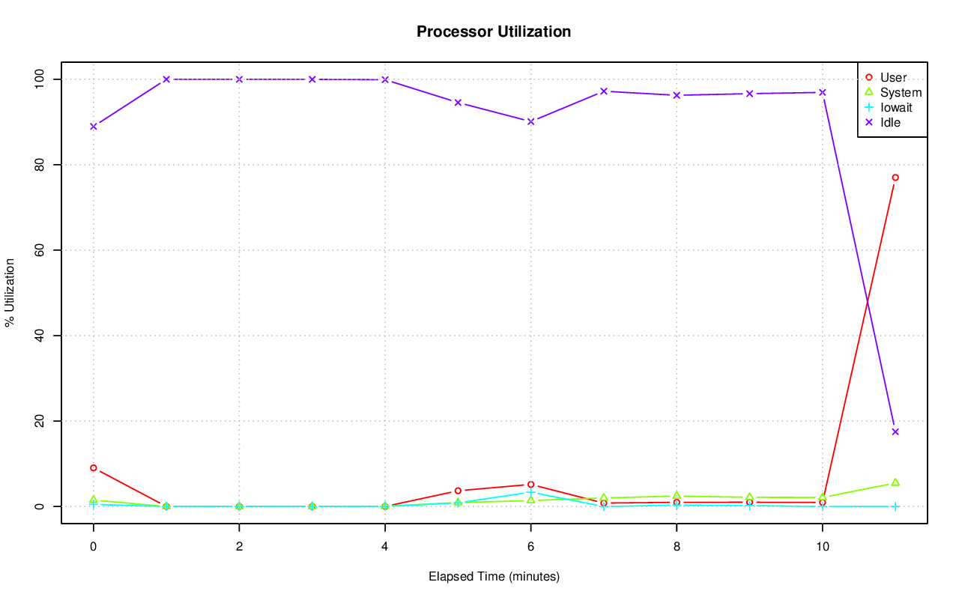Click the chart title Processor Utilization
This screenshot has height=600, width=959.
pyautogui.click(x=494, y=31)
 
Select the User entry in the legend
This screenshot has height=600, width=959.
pyautogui.click(x=893, y=77)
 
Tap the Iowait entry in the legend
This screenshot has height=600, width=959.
pyautogui.click(x=896, y=107)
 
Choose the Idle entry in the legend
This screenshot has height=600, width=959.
pyautogui.click(x=890, y=122)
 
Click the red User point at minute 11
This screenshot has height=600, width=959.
pyautogui.click(x=895, y=178)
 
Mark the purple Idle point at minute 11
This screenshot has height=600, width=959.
pyautogui.click(x=895, y=431)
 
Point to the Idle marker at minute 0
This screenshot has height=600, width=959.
pyautogui.click(x=94, y=126)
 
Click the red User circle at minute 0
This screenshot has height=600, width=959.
pyautogui.click(x=94, y=467)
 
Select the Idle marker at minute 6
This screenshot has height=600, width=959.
pyautogui.click(x=530, y=121)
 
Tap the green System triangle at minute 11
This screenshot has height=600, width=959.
pyautogui.click(x=895, y=482)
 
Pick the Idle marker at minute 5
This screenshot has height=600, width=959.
pyautogui.click(x=458, y=103)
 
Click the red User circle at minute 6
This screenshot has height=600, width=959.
pyautogui.click(x=530, y=485)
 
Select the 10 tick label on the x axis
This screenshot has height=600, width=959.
pyautogui.click(x=822, y=547)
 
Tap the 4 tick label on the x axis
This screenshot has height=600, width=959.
pyautogui.click(x=385, y=547)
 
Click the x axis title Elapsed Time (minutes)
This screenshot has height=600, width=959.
pyautogui.click(x=494, y=577)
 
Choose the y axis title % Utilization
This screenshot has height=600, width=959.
pyautogui.click(x=10, y=292)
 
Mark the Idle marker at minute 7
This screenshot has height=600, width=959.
pyautogui.click(x=603, y=91)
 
